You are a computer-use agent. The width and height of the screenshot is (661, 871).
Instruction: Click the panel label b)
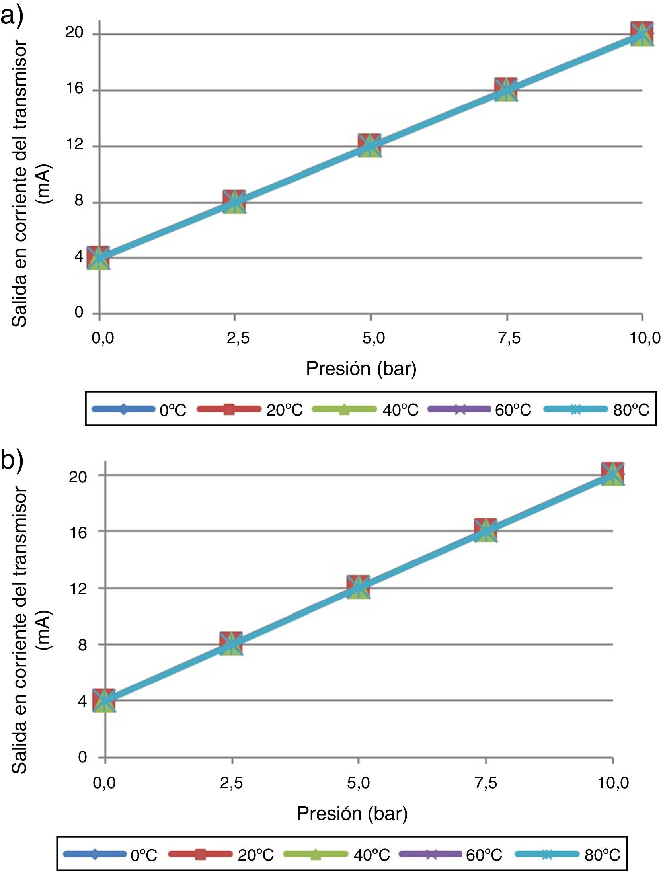click(12, 459)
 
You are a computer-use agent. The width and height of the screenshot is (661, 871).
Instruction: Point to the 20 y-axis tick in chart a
click(74, 32)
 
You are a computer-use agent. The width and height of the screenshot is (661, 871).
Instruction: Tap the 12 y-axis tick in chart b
click(78, 588)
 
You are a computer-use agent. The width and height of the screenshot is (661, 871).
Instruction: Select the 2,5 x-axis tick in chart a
click(238, 338)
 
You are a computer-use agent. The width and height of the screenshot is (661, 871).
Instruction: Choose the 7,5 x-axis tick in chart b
click(486, 783)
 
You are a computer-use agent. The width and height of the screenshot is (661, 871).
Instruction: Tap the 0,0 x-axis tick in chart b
click(104, 783)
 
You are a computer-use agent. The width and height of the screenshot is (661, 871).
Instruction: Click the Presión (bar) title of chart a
click(361, 369)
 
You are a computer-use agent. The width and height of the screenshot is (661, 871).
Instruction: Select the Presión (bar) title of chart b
click(352, 813)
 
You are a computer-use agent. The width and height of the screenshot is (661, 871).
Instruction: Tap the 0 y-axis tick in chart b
click(82, 757)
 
